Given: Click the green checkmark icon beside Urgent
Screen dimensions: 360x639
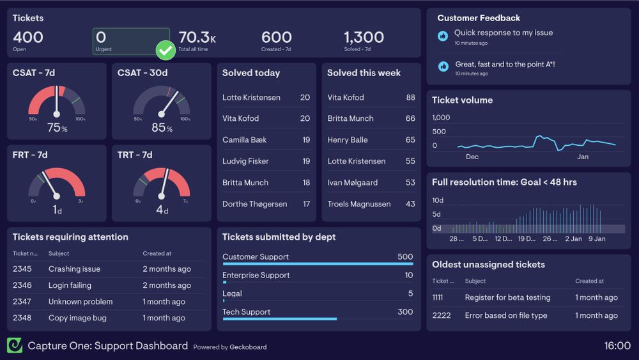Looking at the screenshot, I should [x=166, y=50].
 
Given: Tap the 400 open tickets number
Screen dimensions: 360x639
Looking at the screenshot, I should [x=28, y=37].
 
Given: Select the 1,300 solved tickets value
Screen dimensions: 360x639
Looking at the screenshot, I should [x=364, y=37].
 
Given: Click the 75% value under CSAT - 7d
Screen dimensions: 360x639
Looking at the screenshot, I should [x=57, y=128].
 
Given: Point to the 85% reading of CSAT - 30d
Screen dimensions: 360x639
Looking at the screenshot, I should [x=162, y=128].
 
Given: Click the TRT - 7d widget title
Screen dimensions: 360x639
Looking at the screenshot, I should [x=135, y=155].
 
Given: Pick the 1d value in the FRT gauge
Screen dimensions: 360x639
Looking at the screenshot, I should [x=57, y=210].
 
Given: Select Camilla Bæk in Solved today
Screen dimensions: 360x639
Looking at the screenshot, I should [x=244, y=140].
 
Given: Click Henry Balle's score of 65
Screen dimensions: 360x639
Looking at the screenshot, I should [x=410, y=140].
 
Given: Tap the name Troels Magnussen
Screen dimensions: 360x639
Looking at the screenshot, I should [x=358, y=204].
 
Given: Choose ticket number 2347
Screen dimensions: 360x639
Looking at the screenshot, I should [x=22, y=302].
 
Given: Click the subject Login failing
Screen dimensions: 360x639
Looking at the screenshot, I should [x=70, y=285].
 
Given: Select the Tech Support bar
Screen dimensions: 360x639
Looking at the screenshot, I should [x=279, y=318].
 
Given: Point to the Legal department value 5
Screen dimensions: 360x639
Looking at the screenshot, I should [x=410, y=293].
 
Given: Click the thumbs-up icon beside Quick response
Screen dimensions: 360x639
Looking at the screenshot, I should [x=443, y=36].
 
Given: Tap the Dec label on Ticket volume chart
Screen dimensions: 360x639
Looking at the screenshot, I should [x=472, y=157].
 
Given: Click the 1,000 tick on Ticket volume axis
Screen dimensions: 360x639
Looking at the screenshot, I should [x=441, y=118].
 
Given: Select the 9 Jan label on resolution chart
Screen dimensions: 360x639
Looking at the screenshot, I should [x=597, y=239].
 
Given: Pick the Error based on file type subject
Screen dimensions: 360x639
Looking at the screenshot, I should [x=506, y=315].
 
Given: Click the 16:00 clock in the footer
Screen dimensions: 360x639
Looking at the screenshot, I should [x=617, y=346].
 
